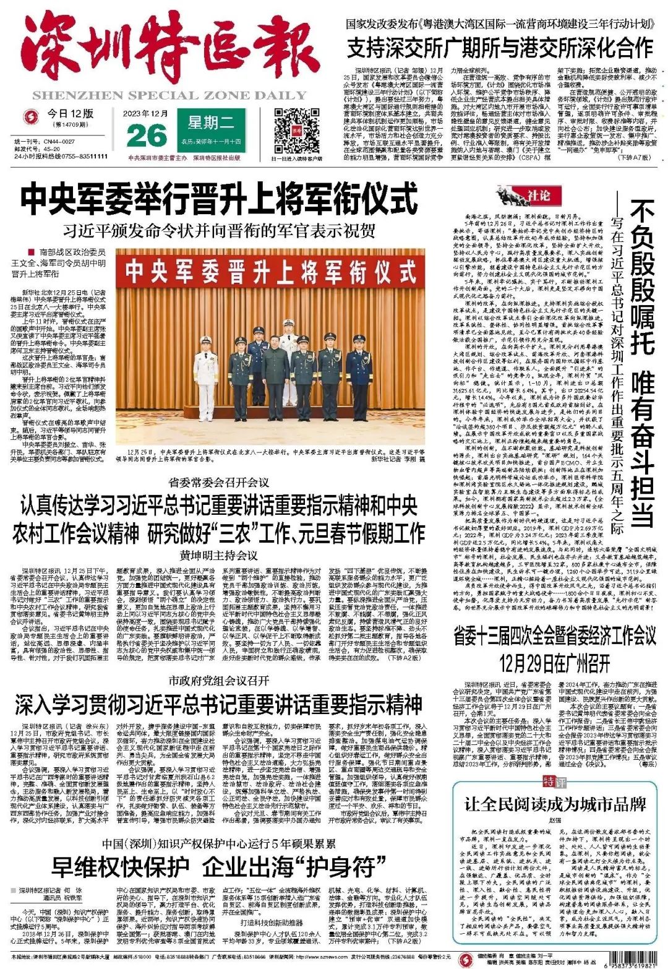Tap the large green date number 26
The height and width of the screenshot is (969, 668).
point(146,136)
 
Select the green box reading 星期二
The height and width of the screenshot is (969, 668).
point(210,123)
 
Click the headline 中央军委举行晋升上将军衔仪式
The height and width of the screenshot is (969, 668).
point(220,199)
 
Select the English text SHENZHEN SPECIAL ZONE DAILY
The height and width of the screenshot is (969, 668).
point(169,95)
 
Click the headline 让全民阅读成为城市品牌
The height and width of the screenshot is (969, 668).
point(555,804)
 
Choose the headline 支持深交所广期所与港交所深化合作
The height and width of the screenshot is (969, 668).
point(500,48)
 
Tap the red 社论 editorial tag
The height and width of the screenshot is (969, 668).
point(535,196)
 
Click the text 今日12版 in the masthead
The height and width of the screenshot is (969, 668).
point(70,113)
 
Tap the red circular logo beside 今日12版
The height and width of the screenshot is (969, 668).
point(28,116)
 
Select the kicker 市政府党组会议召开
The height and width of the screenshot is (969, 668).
point(219,681)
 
